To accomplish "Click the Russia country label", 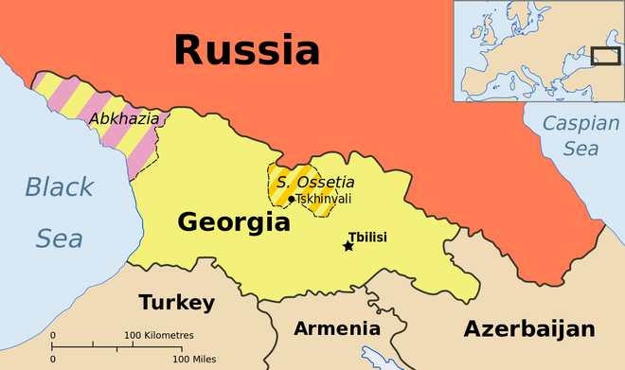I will [246, 49].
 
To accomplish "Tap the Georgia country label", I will [234, 223].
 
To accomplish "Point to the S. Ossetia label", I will [302, 182].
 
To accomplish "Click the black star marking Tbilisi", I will [348, 246].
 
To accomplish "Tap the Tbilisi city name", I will [368, 237].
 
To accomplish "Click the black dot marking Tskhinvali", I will [291, 199].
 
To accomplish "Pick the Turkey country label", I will [177, 303].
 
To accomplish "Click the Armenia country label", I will [337, 328].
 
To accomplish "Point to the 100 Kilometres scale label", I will [159, 336].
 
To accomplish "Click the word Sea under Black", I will [59, 238].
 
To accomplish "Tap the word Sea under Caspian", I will [580, 149].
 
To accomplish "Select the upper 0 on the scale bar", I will [52, 336].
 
